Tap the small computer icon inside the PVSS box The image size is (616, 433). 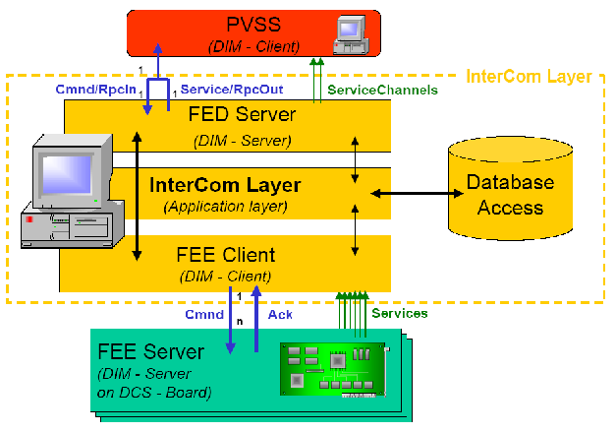pos(350,32)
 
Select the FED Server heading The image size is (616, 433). pos(240,114)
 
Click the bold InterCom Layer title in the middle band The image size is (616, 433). pos(225,185)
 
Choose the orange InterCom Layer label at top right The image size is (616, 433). pos(529,76)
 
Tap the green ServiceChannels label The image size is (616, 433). pos(382,91)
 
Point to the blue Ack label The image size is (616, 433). pos(279,314)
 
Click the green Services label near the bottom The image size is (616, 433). pos(399,313)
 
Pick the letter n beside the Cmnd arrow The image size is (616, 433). pos(239,320)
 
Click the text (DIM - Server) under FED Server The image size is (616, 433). pos(240,140)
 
